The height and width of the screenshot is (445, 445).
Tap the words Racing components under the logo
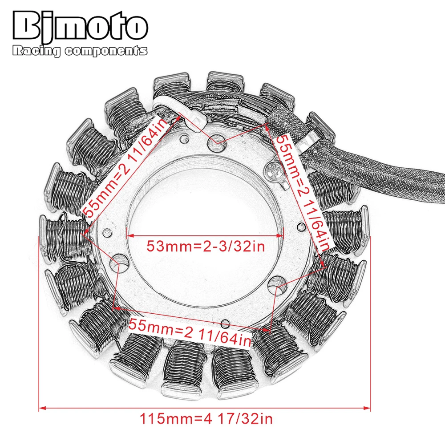coord(80,51)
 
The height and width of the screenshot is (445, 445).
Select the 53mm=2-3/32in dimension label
coord(206,246)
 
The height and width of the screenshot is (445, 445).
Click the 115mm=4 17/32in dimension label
coord(206,419)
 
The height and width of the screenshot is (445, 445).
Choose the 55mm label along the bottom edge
coord(190,332)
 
